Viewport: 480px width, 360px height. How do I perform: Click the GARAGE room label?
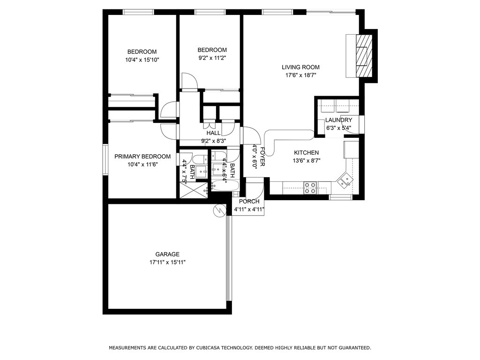(x=167, y=254)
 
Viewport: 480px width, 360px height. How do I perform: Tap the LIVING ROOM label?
(x=300, y=67)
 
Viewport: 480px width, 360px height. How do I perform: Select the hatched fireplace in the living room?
(x=364, y=56)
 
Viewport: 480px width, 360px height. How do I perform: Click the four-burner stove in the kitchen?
(x=310, y=187)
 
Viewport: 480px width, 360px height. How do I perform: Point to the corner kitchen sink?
(x=345, y=180)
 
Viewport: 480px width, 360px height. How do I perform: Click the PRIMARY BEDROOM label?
(x=142, y=157)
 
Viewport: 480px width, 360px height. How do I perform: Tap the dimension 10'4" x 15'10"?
(x=142, y=60)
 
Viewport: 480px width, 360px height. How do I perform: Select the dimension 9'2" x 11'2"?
(x=212, y=58)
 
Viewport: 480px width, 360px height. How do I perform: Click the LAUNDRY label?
(x=338, y=120)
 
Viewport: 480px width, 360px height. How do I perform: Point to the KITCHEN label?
(x=306, y=152)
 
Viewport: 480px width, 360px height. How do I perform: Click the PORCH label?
(x=249, y=202)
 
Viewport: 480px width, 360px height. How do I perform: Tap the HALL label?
(x=213, y=133)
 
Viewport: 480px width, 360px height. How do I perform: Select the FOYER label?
(x=262, y=157)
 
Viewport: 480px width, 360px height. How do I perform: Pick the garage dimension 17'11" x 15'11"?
(x=167, y=262)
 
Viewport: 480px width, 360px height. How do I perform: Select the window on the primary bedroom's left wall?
(x=105, y=159)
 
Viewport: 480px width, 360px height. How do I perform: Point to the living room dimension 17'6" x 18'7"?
(x=300, y=75)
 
